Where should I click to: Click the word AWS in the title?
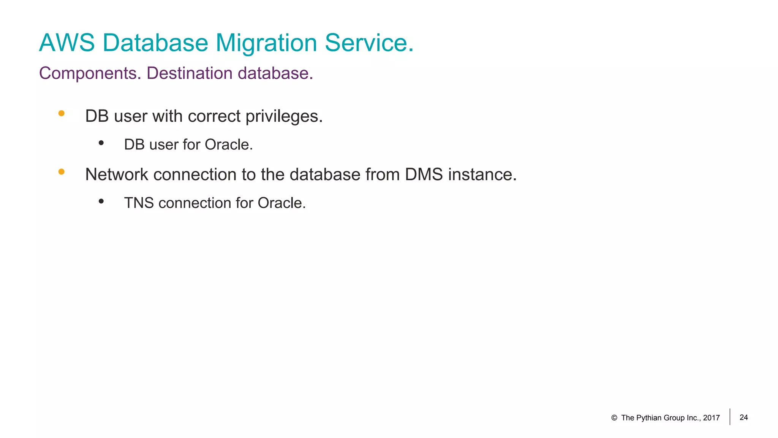[67, 43]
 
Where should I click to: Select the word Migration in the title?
[266, 43]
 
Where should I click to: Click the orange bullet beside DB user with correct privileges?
[62, 113]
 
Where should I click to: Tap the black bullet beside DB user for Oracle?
[101, 143]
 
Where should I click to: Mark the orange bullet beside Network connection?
[62, 172]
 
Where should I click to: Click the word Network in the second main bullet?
[117, 175]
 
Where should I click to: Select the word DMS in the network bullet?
[424, 175]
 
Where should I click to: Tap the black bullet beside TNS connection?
[101, 201]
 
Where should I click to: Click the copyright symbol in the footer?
[614, 418]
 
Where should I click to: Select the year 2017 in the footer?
[711, 418]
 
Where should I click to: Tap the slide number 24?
[744, 417]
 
